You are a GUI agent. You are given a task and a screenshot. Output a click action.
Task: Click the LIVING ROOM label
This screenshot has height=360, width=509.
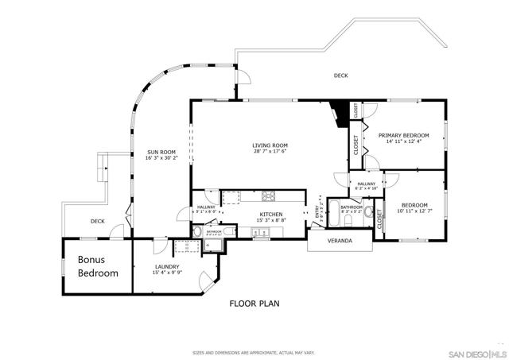(270, 145)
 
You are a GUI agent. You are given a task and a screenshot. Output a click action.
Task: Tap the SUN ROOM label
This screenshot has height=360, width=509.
(161, 152)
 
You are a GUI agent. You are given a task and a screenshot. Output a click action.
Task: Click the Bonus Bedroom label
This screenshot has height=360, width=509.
(98, 266)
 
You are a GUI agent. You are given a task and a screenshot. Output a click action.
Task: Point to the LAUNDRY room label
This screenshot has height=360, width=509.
(167, 267)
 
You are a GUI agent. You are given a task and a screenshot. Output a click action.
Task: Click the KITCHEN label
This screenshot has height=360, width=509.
(271, 215)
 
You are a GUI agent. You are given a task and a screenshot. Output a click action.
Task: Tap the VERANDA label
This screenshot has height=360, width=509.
(340, 242)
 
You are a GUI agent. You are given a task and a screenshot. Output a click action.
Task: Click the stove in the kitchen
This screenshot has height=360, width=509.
(269, 195)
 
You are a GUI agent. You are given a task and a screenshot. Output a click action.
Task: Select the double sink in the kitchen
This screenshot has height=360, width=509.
(260, 232)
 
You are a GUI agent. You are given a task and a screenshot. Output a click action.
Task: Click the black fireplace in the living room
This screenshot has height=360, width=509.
(343, 114)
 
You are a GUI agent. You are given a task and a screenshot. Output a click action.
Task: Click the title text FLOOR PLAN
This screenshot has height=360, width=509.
(254, 303)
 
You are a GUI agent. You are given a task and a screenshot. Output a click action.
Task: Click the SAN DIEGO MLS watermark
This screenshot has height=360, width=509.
(475, 352)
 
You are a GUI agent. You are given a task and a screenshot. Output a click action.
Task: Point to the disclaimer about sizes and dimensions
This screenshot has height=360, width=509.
(254, 352)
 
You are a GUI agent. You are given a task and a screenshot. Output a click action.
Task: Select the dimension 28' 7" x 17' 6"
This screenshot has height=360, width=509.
(270, 153)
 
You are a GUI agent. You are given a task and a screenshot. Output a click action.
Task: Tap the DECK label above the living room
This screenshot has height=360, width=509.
(340, 76)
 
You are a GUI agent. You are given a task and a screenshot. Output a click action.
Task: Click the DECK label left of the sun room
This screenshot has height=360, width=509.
(97, 222)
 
